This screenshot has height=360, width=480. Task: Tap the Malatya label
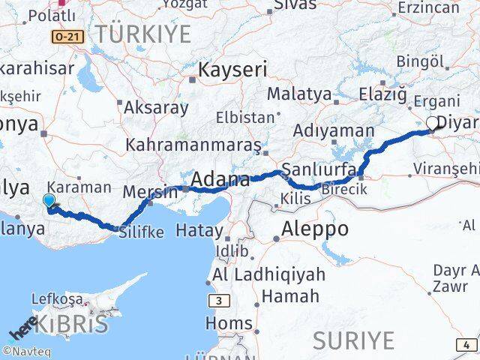[299, 94]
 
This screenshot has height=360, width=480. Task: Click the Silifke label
[141, 232]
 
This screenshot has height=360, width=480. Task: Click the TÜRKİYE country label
[148, 32]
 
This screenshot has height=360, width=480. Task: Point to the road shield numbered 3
[218, 301]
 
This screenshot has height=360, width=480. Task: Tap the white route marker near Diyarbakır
[433, 123]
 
